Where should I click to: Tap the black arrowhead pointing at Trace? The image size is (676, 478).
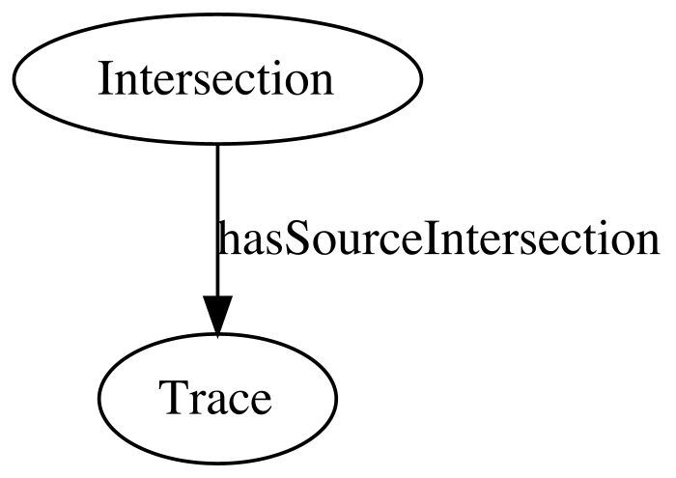pos(217,316)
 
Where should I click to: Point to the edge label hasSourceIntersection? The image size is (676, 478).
pos(438,239)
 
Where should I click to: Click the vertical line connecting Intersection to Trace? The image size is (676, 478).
pos(217,220)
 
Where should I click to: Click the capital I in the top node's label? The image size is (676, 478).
pos(104,78)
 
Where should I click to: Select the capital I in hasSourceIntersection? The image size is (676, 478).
pos(431,239)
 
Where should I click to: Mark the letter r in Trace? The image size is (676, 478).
pos(199,402)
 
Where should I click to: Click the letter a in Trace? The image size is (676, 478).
pos(218,403)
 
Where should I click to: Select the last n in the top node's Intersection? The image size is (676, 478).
pos(322,83)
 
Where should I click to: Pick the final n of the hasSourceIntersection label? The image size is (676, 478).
pos(648,244)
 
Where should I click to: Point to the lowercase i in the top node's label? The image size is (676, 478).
pos(271,77)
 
